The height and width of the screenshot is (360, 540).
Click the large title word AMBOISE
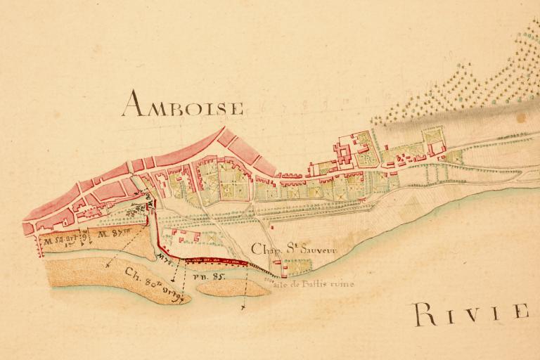[x=183, y=105]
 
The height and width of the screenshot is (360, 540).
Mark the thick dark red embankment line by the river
[x=218, y=261]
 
